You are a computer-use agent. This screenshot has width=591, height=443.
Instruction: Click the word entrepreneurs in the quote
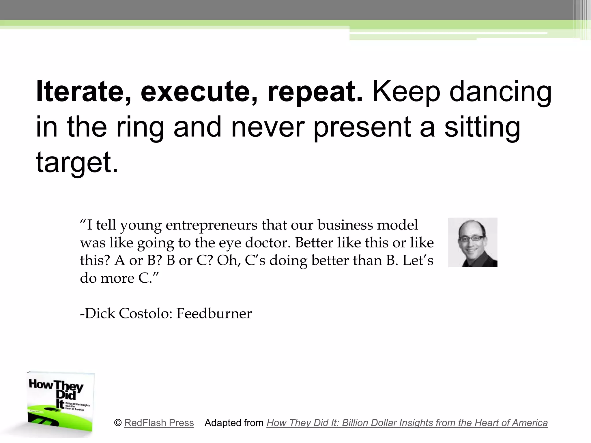211,225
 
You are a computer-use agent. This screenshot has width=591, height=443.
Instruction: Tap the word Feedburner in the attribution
214,313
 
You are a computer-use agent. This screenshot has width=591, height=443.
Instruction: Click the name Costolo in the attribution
145,313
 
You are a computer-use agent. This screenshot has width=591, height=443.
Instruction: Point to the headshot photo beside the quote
472,242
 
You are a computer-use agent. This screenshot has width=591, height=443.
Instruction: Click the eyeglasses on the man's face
471,239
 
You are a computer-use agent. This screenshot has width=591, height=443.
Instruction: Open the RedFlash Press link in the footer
159,423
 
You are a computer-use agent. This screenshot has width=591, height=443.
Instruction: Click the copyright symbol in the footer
118,423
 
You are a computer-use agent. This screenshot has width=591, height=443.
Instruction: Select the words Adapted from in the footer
234,423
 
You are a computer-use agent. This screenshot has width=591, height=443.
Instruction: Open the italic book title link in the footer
407,423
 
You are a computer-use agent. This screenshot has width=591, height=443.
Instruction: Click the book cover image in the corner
61,402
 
